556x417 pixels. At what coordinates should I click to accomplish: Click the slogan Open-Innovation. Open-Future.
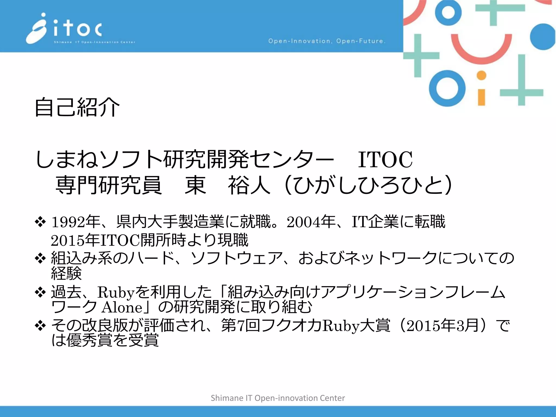click(x=327, y=41)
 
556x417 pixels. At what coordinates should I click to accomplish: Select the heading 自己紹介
click(x=77, y=107)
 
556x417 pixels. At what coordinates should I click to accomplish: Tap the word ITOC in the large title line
click(x=385, y=160)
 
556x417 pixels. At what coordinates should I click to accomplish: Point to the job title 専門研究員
click(x=109, y=185)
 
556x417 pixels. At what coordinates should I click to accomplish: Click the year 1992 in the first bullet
click(x=68, y=222)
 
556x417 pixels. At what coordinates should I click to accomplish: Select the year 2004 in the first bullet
click(x=303, y=222)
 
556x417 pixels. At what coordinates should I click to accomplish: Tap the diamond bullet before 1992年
click(x=40, y=222)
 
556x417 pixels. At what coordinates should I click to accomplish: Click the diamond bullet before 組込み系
click(x=40, y=258)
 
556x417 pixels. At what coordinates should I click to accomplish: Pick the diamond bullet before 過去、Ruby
click(x=40, y=292)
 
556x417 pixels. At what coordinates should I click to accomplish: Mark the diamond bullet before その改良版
click(x=40, y=326)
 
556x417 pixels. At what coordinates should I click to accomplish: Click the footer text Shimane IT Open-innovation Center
click(x=278, y=398)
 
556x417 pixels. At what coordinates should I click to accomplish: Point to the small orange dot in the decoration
click(x=481, y=75)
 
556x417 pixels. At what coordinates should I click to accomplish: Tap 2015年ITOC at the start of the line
click(x=95, y=240)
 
